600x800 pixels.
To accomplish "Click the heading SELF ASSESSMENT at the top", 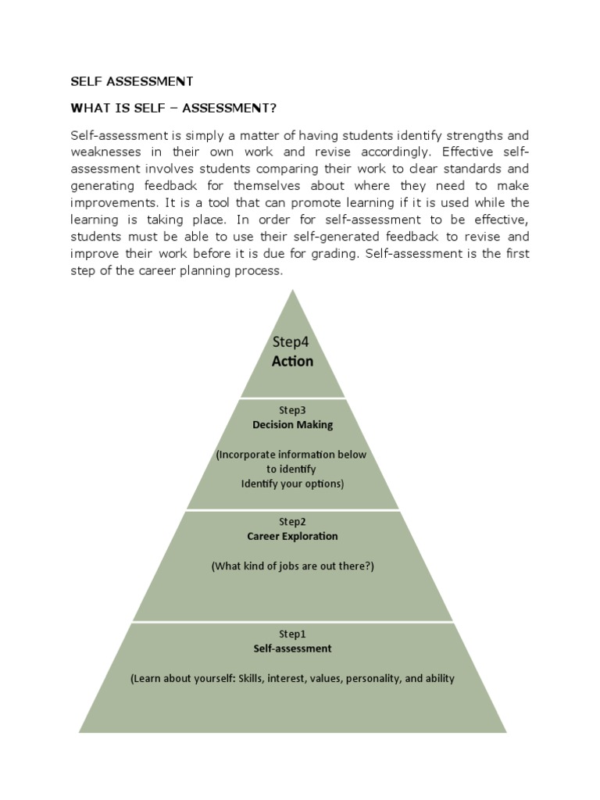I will pos(132,81).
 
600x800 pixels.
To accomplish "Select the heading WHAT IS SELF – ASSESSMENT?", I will pos(173,107).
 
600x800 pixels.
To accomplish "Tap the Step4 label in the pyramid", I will pos(291,341).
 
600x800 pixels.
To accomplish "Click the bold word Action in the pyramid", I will pos(292,361).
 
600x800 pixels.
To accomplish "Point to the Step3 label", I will pos(292,409).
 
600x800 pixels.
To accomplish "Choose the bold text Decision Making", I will pos(292,425).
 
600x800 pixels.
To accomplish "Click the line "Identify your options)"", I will pos(292,484).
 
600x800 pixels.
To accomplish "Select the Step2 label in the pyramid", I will pos(292,521).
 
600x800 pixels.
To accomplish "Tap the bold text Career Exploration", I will pos(292,537).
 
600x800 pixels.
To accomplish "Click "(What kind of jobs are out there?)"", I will pos(292,566).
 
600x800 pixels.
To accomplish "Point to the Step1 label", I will pos(292,634).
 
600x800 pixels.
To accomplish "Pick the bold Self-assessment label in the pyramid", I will pos(292,648).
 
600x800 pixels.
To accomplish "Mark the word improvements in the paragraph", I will pos(112,202).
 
